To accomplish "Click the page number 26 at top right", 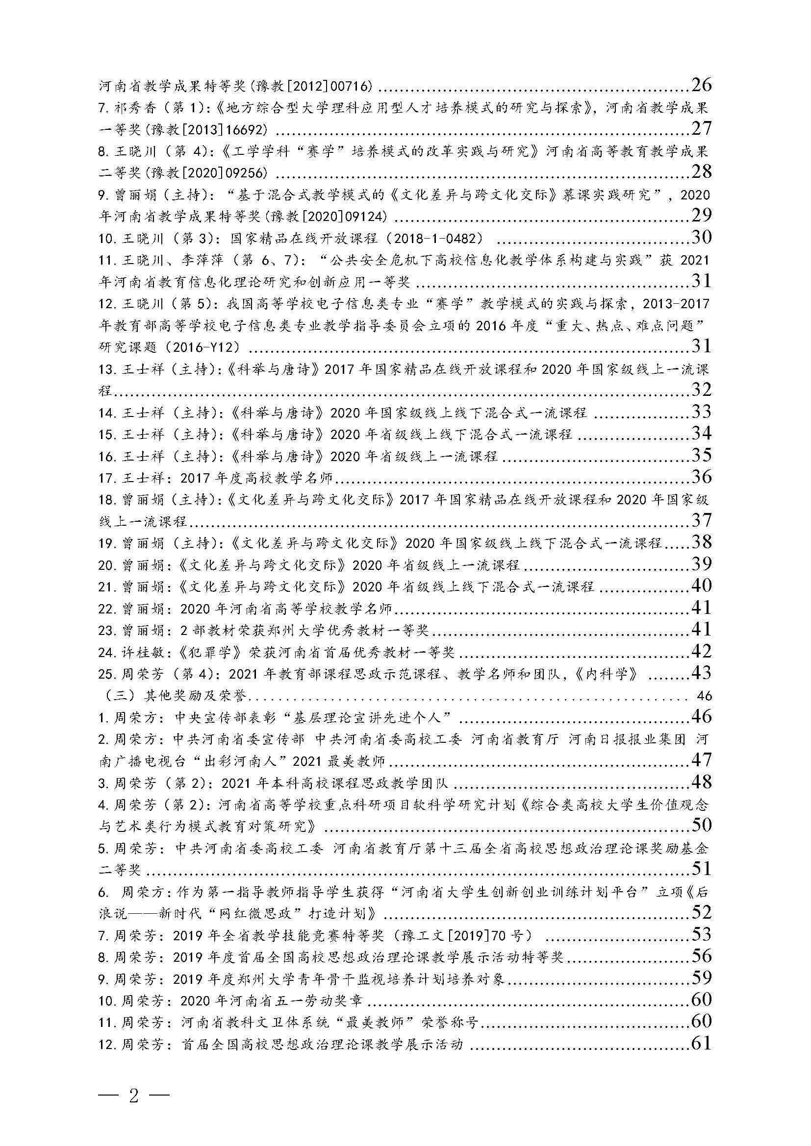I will (701, 84).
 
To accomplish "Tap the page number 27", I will (701, 128).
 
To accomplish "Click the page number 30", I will (701, 237).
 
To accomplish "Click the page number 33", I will (701, 411).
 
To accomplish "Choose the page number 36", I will (701, 477).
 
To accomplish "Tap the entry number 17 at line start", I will (107, 478).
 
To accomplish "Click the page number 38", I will (701, 542).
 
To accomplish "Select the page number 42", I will (701, 651).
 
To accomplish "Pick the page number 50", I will (701, 825).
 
